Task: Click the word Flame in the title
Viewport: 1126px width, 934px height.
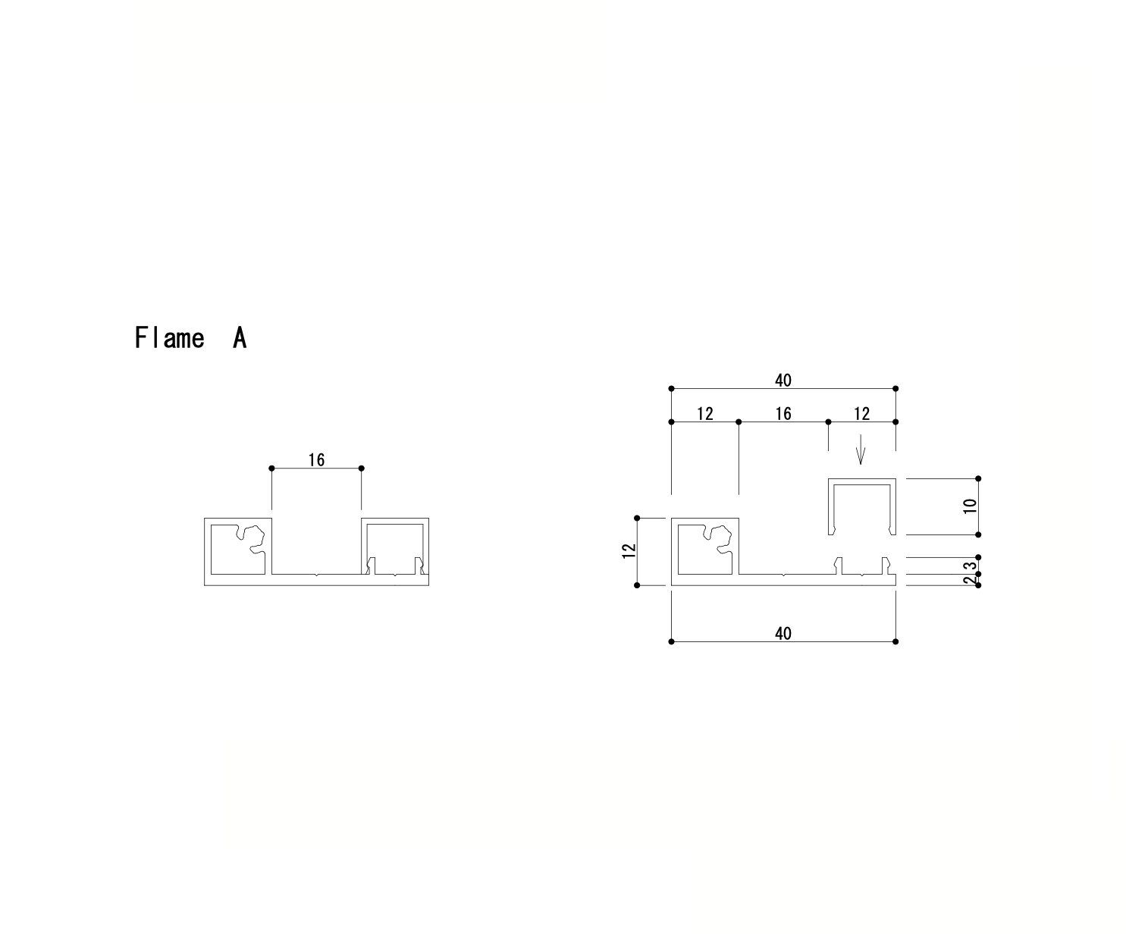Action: click(169, 338)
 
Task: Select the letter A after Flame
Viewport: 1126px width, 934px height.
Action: click(239, 338)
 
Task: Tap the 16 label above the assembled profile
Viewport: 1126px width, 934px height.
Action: click(316, 459)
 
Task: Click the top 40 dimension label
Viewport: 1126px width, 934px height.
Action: click(783, 381)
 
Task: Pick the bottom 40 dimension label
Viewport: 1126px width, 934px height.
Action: click(783, 633)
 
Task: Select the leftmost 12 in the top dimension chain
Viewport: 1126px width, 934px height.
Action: click(704, 413)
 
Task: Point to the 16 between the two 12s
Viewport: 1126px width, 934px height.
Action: click(783, 413)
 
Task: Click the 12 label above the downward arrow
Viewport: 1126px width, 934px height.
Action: click(861, 413)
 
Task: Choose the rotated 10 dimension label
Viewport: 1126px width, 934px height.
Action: click(970, 506)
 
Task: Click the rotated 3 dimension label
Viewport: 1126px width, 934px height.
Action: click(970, 566)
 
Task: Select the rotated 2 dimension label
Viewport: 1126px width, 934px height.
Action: click(970, 580)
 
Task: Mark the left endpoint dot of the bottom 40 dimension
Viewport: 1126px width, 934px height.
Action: click(671, 641)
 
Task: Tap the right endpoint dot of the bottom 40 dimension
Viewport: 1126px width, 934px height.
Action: click(895, 641)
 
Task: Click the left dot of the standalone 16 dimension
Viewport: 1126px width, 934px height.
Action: click(271, 468)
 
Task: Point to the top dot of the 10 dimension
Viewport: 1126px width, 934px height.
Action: click(978, 478)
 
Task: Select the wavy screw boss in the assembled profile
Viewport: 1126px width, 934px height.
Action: click(252, 540)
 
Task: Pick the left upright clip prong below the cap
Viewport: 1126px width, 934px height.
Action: click(838, 565)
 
